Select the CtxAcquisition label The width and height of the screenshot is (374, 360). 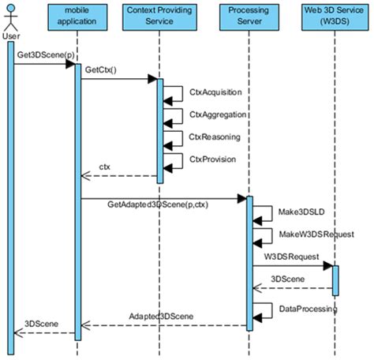(215, 92)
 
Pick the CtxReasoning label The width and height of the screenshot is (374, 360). (214, 137)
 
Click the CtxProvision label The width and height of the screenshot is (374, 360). (214, 159)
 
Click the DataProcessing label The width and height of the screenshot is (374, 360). (309, 309)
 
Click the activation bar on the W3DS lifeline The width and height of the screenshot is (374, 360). (335, 278)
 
